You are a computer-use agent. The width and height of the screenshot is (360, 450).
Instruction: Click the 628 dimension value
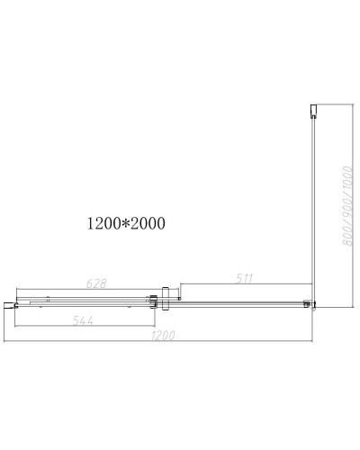click(x=96, y=283)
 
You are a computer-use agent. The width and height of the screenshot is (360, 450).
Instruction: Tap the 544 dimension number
click(x=83, y=321)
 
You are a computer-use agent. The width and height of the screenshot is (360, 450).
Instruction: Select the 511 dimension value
click(x=244, y=279)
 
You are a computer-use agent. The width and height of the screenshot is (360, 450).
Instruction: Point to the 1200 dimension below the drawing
click(x=163, y=336)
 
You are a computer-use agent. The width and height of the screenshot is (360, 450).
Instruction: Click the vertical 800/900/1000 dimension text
click(x=347, y=206)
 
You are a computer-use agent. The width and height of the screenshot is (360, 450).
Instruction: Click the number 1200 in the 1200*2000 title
click(x=104, y=223)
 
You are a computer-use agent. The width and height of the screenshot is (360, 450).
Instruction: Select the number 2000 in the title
click(x=148, y=223)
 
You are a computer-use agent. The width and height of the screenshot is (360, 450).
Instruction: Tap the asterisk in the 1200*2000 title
click(x=127, y=222)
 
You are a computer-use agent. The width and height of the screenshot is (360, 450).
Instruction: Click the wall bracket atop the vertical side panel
click(x=313, y=111)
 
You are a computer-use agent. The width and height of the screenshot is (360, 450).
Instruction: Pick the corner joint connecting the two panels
click(x=310, y=304)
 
